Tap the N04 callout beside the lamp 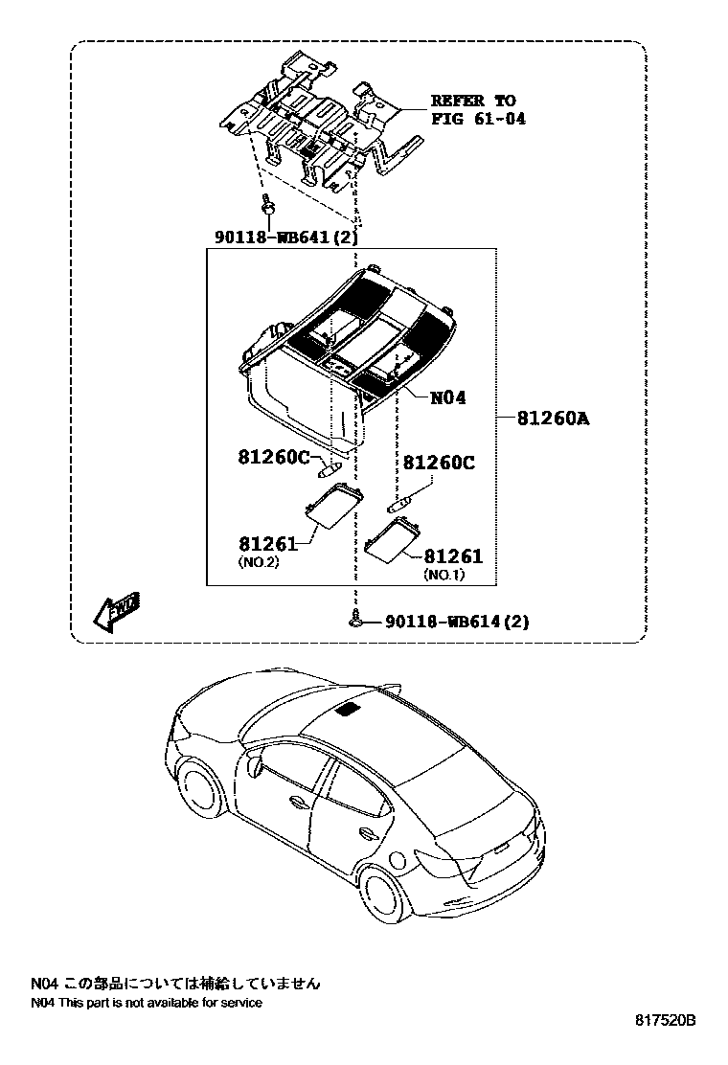(x=447, y=397)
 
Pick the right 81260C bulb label (x=438, y=463)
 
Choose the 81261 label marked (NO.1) (x=453, y=556)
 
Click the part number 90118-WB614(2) (x=457, y=622)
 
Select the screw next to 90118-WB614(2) (x=356, y=620)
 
